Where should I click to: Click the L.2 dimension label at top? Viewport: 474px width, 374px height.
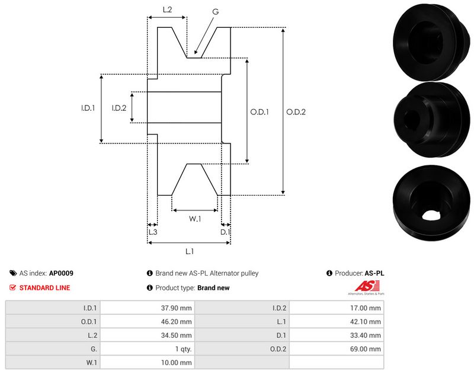167,9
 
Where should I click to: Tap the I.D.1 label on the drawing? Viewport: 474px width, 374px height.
88,108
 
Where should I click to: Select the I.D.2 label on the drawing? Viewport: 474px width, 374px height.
119,108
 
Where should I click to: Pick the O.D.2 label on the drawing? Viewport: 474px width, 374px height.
296,111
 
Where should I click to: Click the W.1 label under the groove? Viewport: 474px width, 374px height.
195,219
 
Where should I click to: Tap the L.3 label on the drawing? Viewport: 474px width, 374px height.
152,232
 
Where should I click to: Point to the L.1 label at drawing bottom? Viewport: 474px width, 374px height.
189,251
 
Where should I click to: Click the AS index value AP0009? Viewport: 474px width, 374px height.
61,273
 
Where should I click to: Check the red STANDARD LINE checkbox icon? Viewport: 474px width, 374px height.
13,287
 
